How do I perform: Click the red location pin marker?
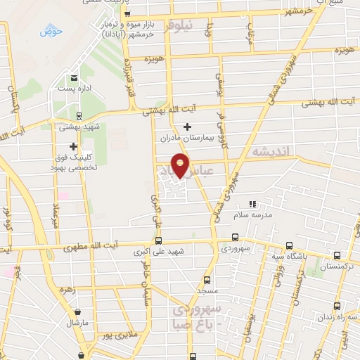(181, 164)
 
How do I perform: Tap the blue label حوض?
(51, 32)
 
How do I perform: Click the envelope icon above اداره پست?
(73, 77)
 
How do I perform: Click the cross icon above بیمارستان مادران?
(187, 127)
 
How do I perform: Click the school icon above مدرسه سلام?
(252, 204)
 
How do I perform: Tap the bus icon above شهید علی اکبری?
(157, 240)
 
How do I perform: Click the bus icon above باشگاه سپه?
(290, 246)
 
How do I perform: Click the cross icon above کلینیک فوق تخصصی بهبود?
(72, 146)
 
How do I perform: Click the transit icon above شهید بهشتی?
(78, 116)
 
